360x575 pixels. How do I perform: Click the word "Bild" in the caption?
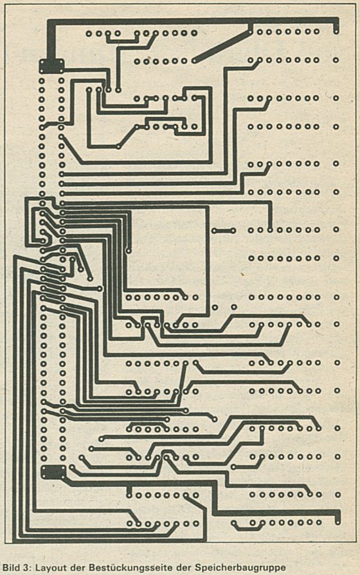(x=10, y=568)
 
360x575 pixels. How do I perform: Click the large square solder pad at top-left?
(x=51, y=66)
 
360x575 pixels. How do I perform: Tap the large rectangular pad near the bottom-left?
(x=53, y=472)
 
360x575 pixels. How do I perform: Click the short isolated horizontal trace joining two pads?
(x=224, y=231)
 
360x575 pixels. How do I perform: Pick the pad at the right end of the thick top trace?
(x=336, y=32)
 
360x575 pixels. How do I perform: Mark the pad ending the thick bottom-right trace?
(x=337, y=522)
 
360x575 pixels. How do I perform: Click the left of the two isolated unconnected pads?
(x=215, y=307)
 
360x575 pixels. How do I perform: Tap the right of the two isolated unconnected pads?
(x=234, y=307)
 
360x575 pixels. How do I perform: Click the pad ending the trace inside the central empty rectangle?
(x=129, y=251)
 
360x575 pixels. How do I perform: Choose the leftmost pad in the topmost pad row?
(x=89, y=33)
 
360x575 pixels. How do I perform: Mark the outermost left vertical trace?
(x=15, y=399)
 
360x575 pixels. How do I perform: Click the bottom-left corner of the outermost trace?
(x=15, y=540)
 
